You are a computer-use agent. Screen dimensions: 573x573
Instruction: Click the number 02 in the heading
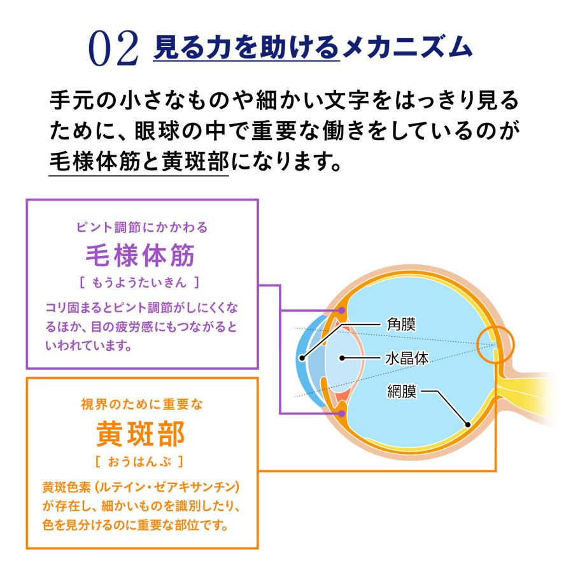click(114, 48)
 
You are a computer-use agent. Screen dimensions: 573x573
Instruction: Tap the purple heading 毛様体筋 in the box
click(140, 255)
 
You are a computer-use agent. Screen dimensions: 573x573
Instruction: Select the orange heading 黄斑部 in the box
click(140, 434)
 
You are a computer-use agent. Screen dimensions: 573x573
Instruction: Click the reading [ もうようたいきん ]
click(139, 283)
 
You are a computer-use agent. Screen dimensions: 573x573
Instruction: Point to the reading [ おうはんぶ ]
click(139, 462)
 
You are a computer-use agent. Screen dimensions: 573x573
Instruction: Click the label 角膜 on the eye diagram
click(401, 324)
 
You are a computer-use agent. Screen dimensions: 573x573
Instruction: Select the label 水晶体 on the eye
click(407, 358)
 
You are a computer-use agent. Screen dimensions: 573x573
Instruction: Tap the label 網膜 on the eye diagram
click(402, 392)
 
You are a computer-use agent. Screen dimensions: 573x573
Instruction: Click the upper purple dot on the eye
click(342, 310)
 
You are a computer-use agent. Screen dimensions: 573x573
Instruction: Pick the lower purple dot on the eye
click(342, 413)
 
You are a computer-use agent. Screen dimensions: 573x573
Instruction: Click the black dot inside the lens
click(343, 358)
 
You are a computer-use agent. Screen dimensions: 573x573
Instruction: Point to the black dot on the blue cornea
click(302, 358)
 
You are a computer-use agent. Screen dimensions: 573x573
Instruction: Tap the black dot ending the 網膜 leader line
click(467, 425)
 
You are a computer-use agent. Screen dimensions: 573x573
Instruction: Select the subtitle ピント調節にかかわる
click(142, 227)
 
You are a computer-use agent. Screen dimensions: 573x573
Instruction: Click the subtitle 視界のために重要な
click(142, 404)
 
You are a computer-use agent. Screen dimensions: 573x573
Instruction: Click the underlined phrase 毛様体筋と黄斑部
click(139, 162)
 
